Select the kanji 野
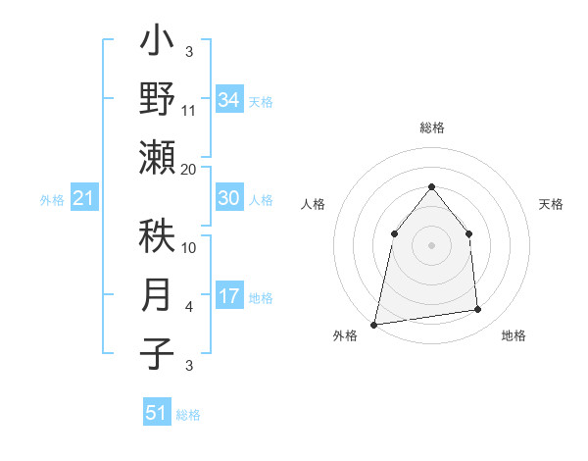click(x=157, y=99)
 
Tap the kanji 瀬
click(x=157, y=157)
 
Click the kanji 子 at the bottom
click(x=157, y=352)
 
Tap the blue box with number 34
click(x=228, y=100)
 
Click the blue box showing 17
click(x=228, y=296)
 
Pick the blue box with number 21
click(x=83, y=199)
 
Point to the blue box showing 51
click(x=156, y=413)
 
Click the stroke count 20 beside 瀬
click(x=189, y=170)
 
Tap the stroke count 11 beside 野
click(x=189, y=111)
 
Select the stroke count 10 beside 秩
click(x=189, y=247)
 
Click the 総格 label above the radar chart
click(x=432, y=128)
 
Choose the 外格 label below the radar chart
click(x=345, y=335)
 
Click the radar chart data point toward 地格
click(x=478, y=310)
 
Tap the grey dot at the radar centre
click(x=431, y=244)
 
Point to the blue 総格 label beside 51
click(x=188, y=415)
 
